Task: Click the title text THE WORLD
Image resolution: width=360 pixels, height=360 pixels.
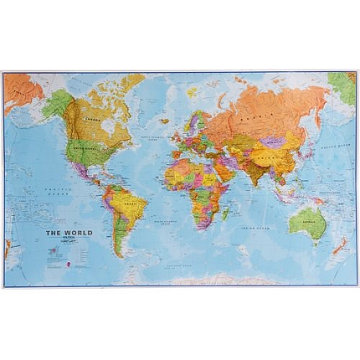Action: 69,233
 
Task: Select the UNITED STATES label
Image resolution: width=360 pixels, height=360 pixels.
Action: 88,149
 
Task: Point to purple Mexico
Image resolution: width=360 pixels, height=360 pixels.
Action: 81,171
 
